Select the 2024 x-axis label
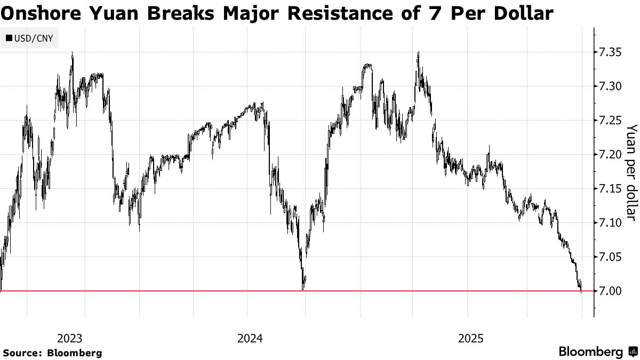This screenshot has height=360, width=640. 250,338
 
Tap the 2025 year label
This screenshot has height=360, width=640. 470,338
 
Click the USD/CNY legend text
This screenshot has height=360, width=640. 33,38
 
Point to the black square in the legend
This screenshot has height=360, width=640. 9,38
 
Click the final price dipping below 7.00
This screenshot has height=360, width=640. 581,291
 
